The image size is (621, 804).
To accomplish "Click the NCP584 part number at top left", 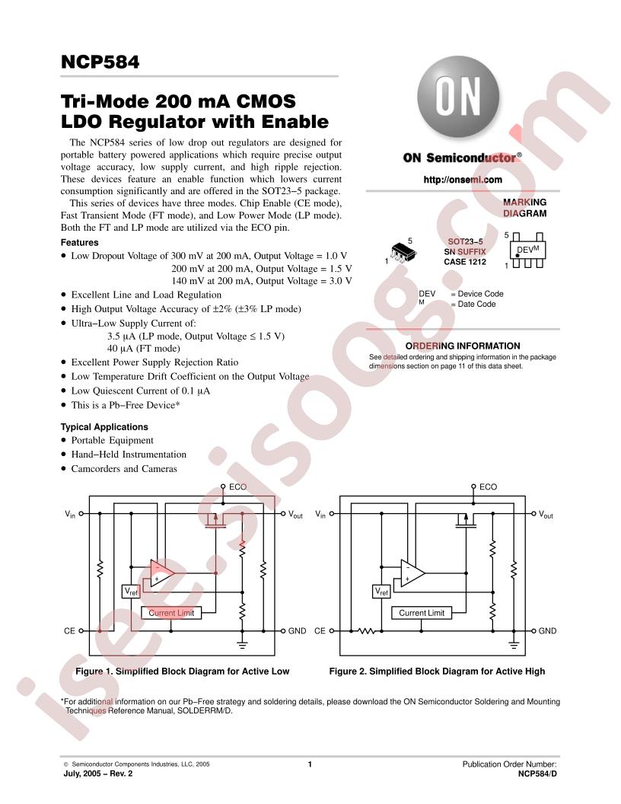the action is (x=100, y=62).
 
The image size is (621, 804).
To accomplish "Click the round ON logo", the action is (x=458, y=97).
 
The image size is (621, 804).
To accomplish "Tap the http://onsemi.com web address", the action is (x=463, y=180).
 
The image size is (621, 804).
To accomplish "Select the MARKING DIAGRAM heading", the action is (x=524, y=208).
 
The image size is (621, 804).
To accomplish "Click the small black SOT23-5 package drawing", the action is (x=403, y=252).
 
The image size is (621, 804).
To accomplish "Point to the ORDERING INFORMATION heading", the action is (x=463, y=346).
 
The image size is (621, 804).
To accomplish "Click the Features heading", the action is (x=79, y=243).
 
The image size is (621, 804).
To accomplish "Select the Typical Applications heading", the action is (x=104, y=426).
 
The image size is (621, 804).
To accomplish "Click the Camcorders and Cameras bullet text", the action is (x=124, y=469).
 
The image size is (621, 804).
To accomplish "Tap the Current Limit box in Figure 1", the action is (x=171, y=613).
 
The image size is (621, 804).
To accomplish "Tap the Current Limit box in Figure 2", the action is (x=422, y=613).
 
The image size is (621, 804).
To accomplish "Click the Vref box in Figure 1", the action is (x=131, y=592).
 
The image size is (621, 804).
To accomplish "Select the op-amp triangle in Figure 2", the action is (x=412, y=573).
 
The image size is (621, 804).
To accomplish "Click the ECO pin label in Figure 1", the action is (x=237, y=487).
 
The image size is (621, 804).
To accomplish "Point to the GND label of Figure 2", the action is (x=547, y=630).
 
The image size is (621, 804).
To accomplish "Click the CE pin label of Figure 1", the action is (x=70, y=630).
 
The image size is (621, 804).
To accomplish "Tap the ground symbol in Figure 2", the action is (x=514, y=645).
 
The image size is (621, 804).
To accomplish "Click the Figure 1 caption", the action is (x=183, y=672).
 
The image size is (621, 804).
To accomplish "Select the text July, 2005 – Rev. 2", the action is (x=98, y=774).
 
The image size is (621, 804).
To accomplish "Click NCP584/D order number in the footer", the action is (x=537, y=774).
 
